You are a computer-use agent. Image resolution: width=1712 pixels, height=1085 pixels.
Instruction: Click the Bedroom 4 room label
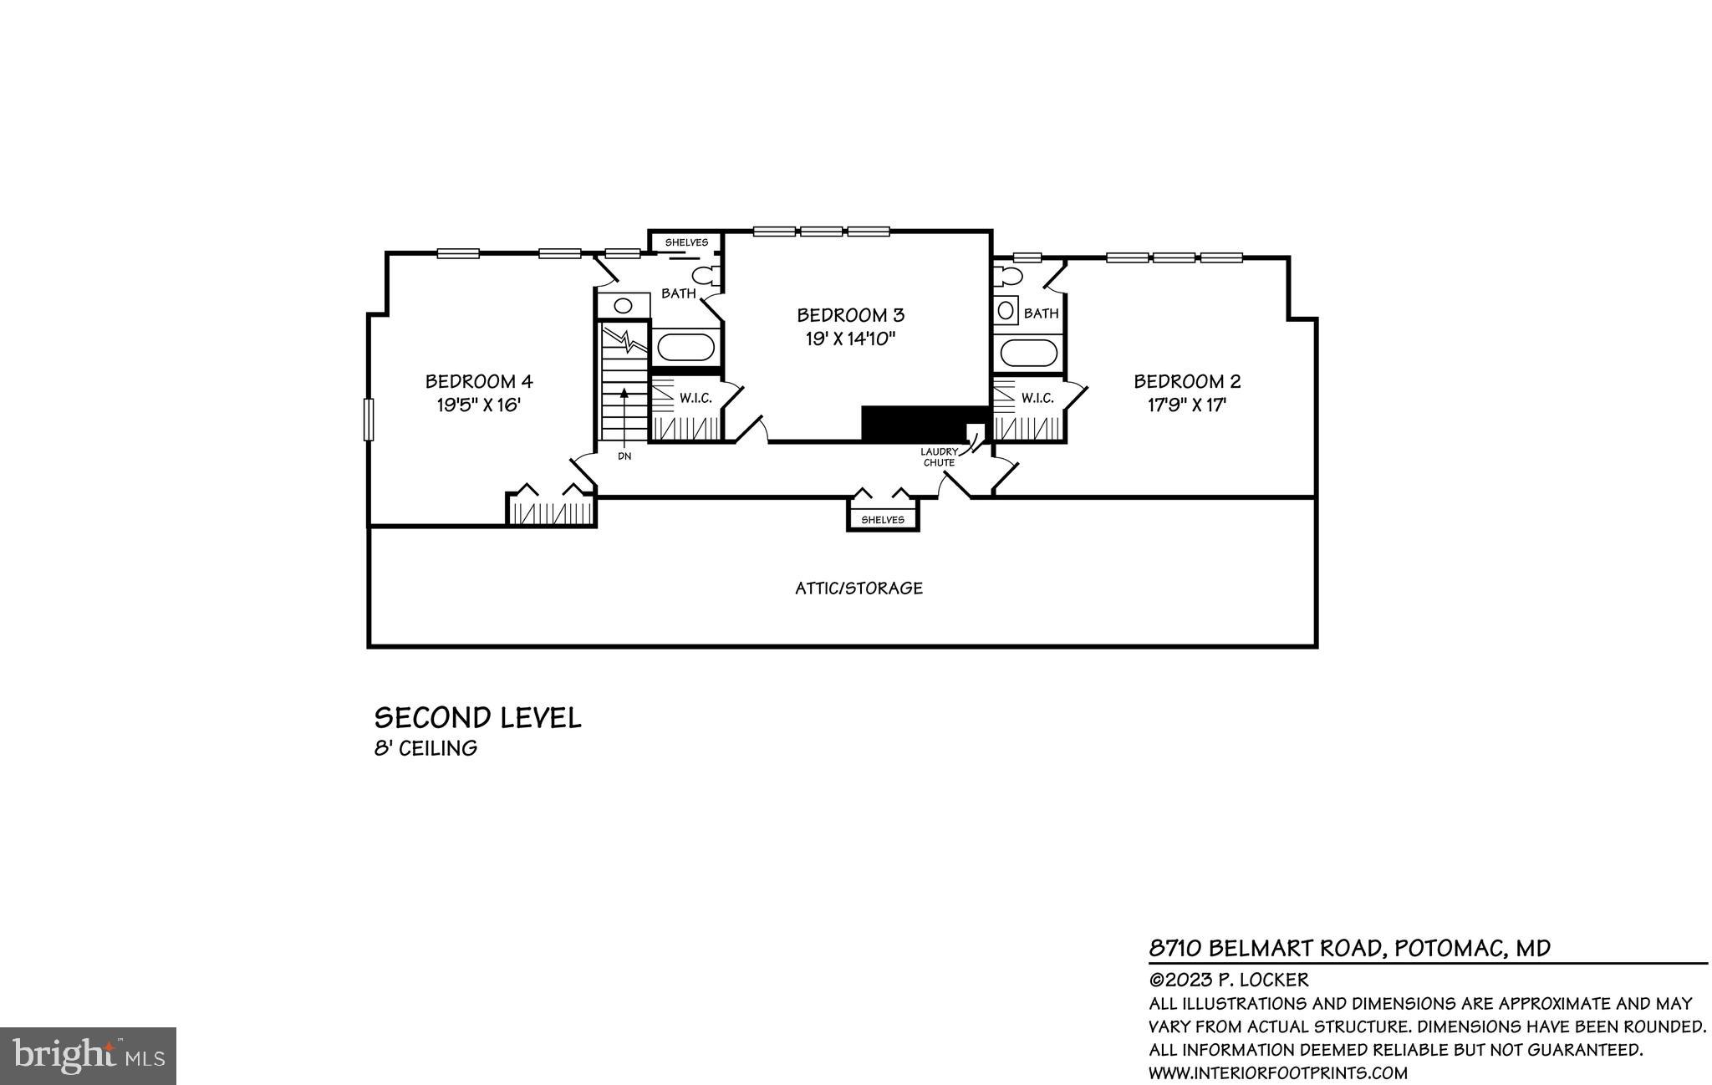tap(479, 382)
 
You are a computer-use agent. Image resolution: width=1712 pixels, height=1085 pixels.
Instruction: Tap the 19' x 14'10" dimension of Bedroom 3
tap(850, 339)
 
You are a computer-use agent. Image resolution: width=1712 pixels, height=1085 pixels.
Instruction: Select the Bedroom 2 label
tap(1187, 382)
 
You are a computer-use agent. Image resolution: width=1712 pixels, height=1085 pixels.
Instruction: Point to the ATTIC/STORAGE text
tap(859, 588)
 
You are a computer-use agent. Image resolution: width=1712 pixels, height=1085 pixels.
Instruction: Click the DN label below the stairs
tap(624, 456)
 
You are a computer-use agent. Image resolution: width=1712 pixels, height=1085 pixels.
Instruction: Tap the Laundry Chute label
tap(939, 457)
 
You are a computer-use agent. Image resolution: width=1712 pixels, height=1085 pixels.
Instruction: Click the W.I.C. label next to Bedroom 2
tap(1037, 399)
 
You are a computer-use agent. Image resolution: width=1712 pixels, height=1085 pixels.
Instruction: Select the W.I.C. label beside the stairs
tap(695, 399)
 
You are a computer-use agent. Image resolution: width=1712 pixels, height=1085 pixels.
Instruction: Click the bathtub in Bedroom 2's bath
tap(1028, 353)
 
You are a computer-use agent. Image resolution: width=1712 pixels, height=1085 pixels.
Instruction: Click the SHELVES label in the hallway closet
tap(883, 520)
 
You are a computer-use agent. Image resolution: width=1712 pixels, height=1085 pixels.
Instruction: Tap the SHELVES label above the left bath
tap(686, 242)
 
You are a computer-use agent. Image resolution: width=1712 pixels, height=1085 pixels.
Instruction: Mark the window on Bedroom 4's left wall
tap(368, 419)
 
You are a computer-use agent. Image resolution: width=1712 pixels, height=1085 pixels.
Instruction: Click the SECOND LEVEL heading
tap(477, 718)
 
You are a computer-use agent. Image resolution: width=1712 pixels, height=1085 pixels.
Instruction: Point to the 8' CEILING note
tap(425, 749)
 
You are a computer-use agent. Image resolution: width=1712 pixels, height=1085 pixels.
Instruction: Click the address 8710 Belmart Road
tap(1349, 948)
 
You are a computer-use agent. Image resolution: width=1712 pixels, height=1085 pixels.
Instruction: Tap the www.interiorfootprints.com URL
tap(1278, 1073)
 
